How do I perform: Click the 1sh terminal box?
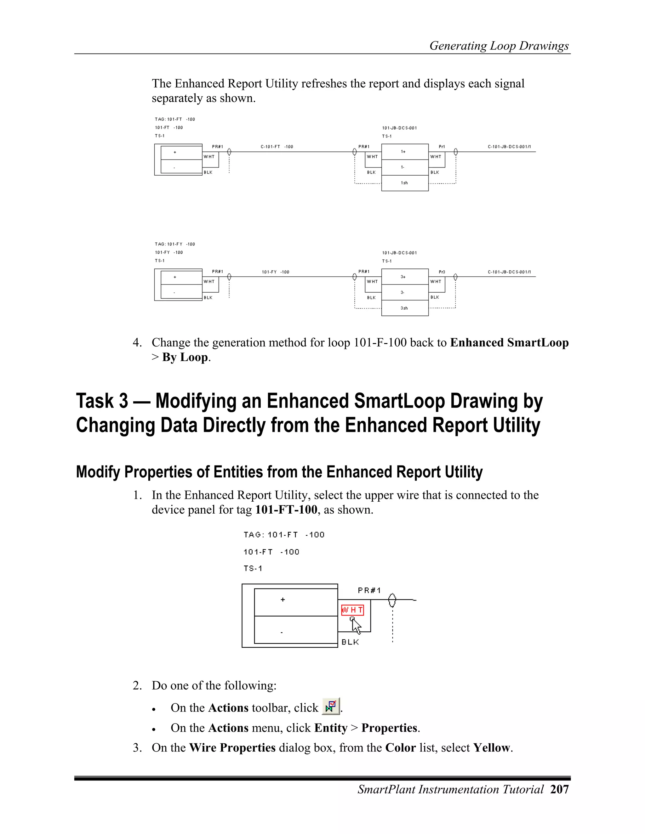click(405, 183)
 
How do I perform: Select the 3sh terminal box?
click(405, 308)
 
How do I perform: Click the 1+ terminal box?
click(405, 152)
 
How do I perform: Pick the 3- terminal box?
click(405, 292)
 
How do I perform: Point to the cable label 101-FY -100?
click(276, 272)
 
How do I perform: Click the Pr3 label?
click(442, 272)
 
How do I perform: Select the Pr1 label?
click(442, 147)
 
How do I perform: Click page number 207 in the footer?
click(559, 789)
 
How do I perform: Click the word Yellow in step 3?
click(491, 748)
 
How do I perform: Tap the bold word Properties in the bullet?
click(389, 728)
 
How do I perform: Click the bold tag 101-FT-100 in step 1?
click(286, 510)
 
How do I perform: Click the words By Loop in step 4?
click(185, 358)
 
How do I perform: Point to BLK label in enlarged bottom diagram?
click(350, 642)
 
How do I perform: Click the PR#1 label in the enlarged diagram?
click(369, 590)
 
